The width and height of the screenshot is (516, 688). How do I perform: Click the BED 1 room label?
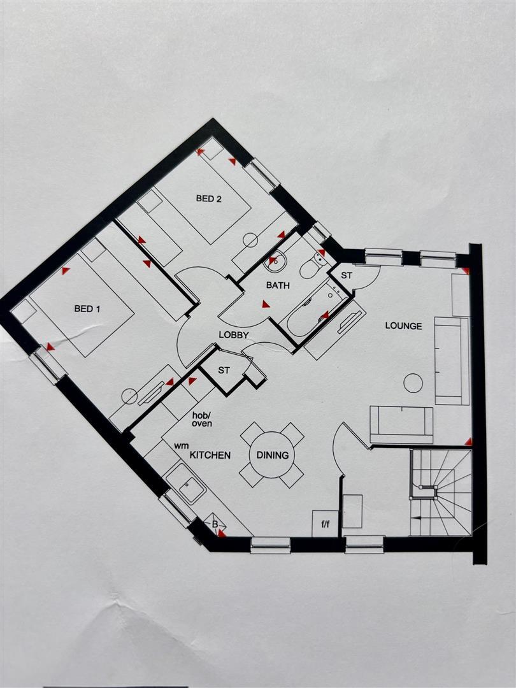click(x=87, y=309)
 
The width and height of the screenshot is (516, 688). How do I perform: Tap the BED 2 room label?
click(x=208, y=199)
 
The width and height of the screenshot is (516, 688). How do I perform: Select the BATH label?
click(x=278, y=285)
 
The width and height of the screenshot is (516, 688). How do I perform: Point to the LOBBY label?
click(x=234, y=335)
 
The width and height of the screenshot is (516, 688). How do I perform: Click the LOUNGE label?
click(x=403, y=326)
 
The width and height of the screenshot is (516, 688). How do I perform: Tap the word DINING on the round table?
click(x=273, y=455)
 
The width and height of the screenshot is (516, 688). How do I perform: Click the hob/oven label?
click(x=203, y=418)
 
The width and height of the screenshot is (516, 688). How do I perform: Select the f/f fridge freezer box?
click(x=325, y=524)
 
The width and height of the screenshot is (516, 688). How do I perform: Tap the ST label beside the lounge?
click(x=347, y=276)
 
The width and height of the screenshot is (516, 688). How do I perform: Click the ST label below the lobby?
click(x=224, y=370)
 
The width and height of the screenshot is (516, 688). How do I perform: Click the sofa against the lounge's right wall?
click(x=452, y=361)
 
